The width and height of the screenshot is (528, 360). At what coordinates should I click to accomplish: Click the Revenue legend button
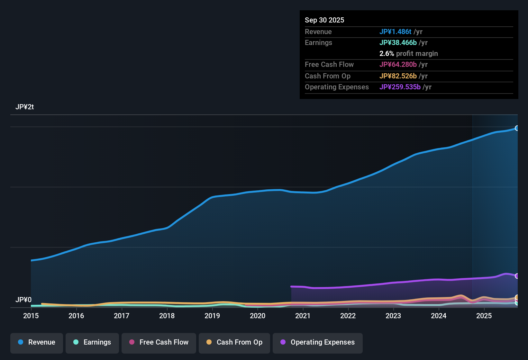tap(37, 342)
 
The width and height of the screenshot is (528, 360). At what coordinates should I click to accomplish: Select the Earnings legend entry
tap(92, 342)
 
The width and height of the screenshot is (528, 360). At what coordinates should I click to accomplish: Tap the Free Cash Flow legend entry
tap(159, 342)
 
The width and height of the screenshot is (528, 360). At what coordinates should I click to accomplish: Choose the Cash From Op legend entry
tap(234, 342)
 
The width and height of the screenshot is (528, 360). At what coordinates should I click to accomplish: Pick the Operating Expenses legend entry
tap(318, 342)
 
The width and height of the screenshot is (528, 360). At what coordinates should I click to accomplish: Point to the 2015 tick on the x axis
tap(31, 316)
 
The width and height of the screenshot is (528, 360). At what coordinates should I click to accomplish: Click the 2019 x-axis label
tap(212, 316)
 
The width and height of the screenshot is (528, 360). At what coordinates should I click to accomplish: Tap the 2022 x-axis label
tap(348, 316)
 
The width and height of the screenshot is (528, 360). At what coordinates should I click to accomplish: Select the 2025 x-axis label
tap(484, 316)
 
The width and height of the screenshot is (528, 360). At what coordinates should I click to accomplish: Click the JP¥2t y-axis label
tap(24, 107)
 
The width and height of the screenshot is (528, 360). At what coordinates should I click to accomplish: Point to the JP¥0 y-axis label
tap(23, 300)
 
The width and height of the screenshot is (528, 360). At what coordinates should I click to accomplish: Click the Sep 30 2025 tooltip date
tap(324, 20)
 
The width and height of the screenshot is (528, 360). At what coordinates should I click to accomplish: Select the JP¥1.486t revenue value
tap(395, 32)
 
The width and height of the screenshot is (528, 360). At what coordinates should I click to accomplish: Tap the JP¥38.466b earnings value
tap(398, 42)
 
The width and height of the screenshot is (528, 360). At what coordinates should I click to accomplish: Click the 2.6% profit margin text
tap(408, 53)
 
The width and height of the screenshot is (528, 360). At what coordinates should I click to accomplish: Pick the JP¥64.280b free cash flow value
tap(398, 64)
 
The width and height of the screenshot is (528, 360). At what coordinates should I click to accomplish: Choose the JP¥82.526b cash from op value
tap(398, 76)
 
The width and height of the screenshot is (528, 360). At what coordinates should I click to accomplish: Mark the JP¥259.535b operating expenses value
tap(400, 87)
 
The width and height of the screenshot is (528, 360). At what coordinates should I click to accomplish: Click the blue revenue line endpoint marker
tap(517, 128)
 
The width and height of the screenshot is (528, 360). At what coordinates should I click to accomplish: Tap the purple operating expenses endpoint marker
tap(517, 276)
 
